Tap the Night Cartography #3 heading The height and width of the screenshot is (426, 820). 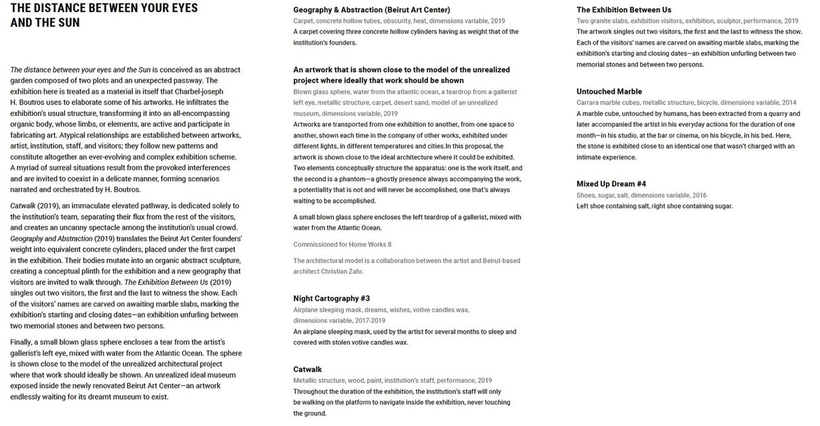tap(331, 298)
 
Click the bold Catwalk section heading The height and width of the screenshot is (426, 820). tap(307, 370)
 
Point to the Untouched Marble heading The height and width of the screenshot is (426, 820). tap(609, 92)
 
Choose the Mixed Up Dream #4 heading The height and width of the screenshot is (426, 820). tap(611, 184)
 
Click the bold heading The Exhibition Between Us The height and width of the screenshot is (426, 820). tap(623, 9)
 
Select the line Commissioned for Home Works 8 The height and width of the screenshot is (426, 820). tap(342, 244)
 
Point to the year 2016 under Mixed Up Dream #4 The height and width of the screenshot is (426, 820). tap(698, 195)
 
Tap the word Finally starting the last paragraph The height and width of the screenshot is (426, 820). tap(22, 342)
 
